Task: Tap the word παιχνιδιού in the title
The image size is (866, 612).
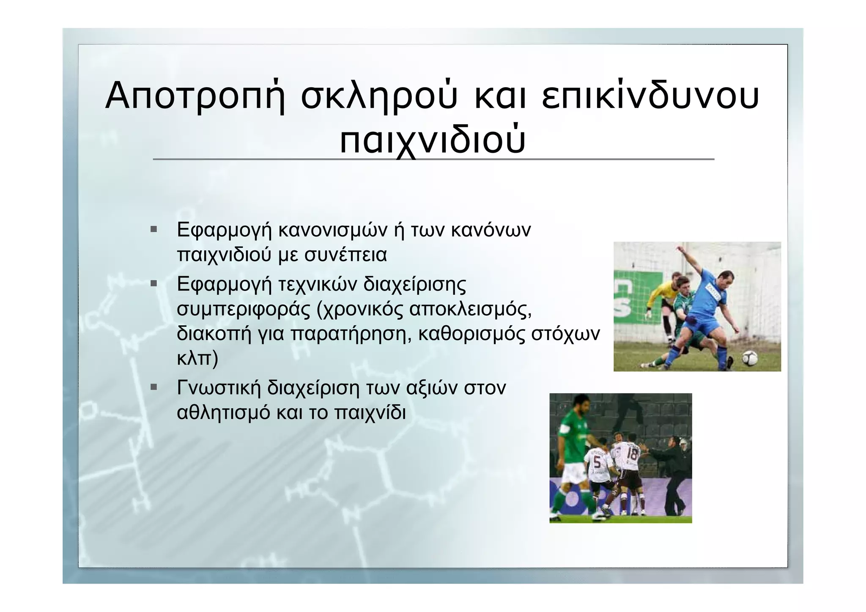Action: point(433,140)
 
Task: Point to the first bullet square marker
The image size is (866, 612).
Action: point(153,230)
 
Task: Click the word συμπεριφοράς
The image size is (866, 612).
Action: point(243,309)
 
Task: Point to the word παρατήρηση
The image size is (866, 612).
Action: point(351,334)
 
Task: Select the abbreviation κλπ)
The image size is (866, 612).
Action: point(197,358)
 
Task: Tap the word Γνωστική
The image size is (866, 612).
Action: point(219,388)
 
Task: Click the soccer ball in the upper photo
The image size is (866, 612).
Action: point(750,358)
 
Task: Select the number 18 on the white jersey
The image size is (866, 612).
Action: point(631,455)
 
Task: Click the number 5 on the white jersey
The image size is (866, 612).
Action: point(597,463)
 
